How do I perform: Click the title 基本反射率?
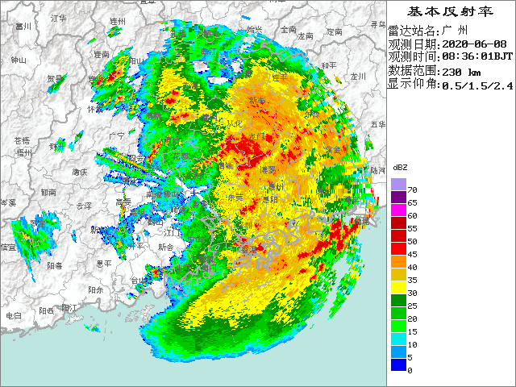pos(450,11)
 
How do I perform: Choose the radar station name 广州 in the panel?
pos(456,31)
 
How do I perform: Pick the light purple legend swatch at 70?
pos(399,185)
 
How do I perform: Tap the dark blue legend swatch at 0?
pos(399,366)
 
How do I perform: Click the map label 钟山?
pos(18,60)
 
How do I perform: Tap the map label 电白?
pos(14,316)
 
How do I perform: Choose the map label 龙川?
pos(358,77)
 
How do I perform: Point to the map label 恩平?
pos(103,264)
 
